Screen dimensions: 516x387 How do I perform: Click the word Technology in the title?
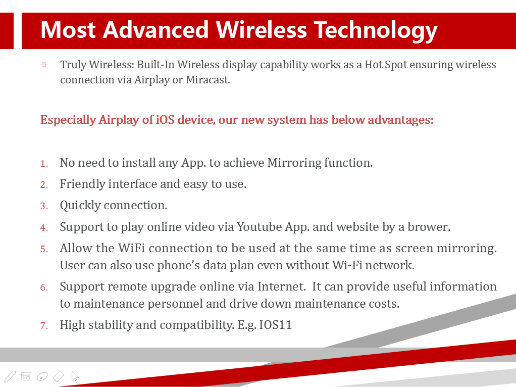[376, 31]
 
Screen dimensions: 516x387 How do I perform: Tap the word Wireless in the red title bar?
[262, 30]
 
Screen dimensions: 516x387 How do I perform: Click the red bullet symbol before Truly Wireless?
[44, 65]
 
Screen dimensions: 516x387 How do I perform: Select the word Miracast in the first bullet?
[208, 80]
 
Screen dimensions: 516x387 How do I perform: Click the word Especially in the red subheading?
[68, 120]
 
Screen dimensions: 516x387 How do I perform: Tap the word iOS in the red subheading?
[165, 120]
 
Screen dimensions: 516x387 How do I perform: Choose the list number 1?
[44, 164]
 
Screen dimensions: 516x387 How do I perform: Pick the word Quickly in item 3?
[80, 206]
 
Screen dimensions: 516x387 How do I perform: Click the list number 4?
[44, 227]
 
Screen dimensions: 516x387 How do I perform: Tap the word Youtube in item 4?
[260, 227]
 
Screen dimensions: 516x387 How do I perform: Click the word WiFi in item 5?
[131, 248]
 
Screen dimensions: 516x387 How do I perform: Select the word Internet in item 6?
[281, 286]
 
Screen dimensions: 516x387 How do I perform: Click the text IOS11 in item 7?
[276, 325]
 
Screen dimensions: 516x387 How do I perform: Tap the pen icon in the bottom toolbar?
[10, 376]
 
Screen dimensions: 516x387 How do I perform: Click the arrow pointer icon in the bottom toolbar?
[75, 376]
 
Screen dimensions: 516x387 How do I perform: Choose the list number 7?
[44, 326]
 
